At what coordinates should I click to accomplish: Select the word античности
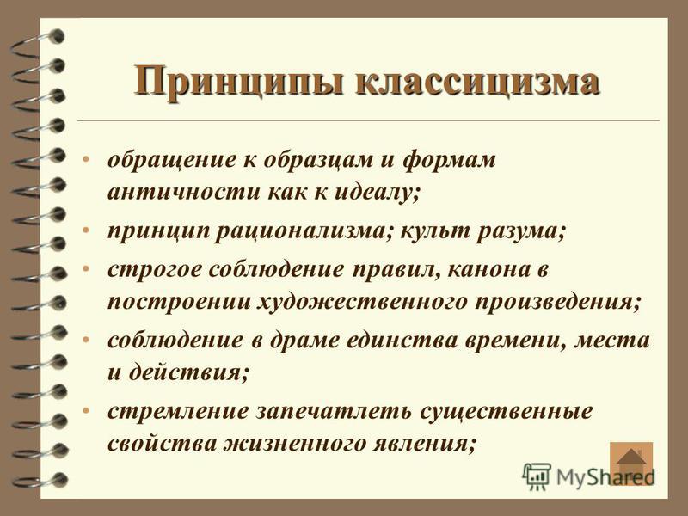point(183,192)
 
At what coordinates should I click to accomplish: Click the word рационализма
point(303,232)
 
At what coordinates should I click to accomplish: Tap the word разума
point(521,232)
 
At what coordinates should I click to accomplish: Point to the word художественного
point(361,303)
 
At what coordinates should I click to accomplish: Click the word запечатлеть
point(334,412)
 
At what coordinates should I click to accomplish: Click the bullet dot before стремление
point(86,411)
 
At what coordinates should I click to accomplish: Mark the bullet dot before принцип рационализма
point(86,230)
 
